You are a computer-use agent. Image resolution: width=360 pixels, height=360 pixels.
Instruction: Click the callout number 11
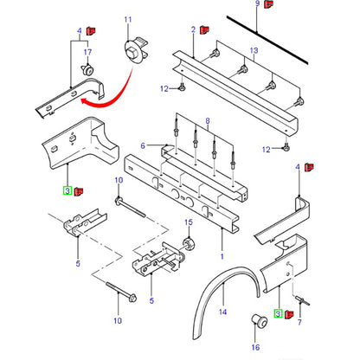128,20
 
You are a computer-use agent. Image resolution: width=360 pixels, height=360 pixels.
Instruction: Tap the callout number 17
87,52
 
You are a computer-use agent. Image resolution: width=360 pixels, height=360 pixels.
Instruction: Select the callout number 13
254,50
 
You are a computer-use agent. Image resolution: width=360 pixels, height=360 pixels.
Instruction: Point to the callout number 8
208,121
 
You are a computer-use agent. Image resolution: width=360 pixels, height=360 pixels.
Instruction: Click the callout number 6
143,145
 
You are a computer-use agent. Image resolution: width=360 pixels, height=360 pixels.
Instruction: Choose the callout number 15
189,222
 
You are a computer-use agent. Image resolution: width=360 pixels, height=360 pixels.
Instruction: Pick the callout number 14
222,312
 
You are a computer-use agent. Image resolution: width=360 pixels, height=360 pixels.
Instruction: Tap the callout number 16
255,347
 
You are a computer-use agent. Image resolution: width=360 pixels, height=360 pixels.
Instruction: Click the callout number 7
299,322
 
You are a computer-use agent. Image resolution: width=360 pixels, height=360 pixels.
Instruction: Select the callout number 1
222,256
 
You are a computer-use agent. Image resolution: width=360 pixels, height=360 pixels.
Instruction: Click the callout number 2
193,29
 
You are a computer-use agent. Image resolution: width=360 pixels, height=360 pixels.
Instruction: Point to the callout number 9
257,3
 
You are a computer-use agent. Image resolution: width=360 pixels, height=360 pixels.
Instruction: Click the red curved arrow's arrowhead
84,101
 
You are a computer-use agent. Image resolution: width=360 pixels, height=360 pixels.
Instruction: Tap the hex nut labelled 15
189,244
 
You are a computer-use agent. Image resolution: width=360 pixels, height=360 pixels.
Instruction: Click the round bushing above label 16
258,320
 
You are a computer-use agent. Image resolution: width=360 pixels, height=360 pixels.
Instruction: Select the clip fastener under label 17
87,70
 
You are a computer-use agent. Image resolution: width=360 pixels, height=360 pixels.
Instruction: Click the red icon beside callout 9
269,4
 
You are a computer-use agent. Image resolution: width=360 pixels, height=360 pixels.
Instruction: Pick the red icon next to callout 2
205,29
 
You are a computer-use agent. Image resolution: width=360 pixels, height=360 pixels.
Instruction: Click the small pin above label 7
302,301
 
